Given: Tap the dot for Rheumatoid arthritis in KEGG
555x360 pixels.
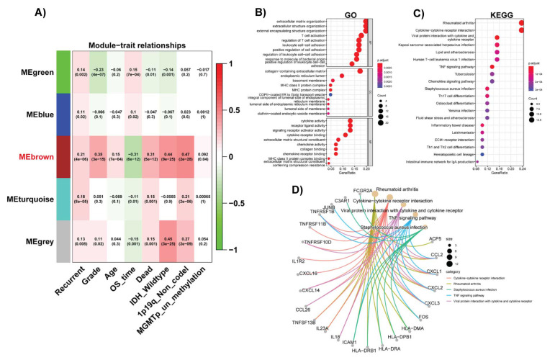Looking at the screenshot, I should tap(520, 23).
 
